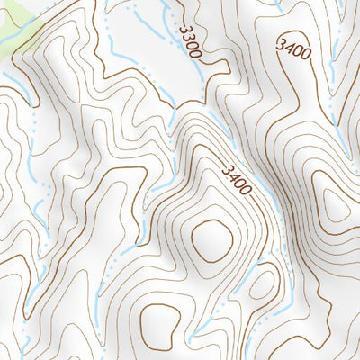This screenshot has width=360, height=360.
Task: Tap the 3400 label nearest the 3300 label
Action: (294, 49)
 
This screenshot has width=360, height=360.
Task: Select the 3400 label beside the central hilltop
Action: (234, 177)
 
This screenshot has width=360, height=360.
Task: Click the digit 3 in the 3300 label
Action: (183, 29)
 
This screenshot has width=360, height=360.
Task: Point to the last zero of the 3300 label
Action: (197, 55)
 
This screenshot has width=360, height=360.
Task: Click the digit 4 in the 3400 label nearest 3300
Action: (288, 45)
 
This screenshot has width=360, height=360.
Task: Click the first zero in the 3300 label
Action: (193, 46)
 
